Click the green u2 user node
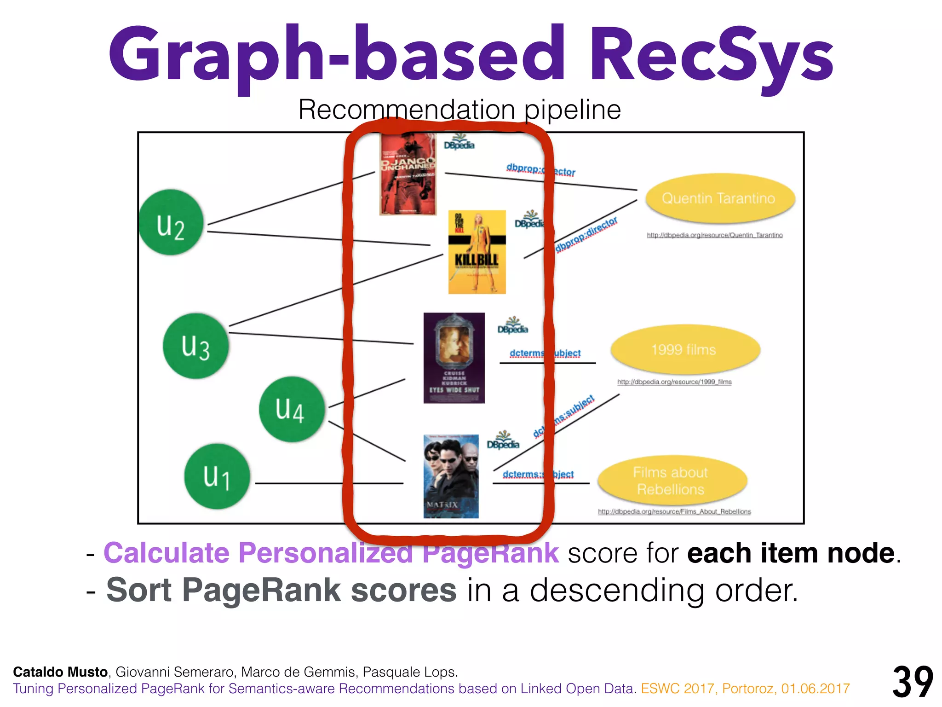click(x=171, y=222)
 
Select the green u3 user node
click(x=195, y=346)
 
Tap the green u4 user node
click(x=291, y=409)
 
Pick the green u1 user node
click(x=217, y=476)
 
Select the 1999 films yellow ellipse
click(x=684, y=350)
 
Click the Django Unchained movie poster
click(x=408, y=174)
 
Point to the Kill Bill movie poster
click(x=477, y=252)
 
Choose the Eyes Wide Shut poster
click(x=454, y=358)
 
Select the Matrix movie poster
click(x=451, y=476)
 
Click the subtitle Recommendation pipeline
click(x=460, y=110)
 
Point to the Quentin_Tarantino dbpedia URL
click(x=714, y=235)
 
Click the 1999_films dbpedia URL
click(x=674, y=382)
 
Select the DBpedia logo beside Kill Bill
click(x=529, y=220)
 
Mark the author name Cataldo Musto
click(x=60, y=672)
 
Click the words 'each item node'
click(x=791, y=553)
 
